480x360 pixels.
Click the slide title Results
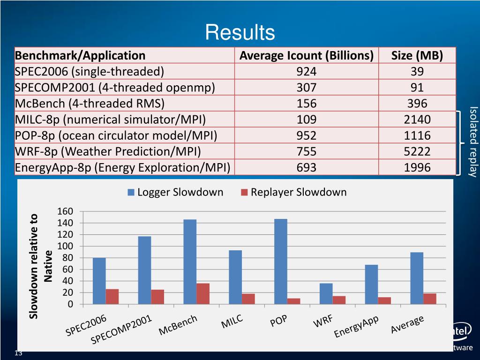pos(240,33)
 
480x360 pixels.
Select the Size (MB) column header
pos(417,56)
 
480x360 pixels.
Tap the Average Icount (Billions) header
pos(306,56)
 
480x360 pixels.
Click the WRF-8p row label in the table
pos(108,151)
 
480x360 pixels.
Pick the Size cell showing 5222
pos(417,151)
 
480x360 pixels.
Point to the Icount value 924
pos(306,72)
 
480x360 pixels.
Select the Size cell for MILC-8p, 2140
pos(417,120)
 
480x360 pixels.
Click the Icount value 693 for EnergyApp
pos(306,167)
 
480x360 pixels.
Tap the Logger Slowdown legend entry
pos(175,192)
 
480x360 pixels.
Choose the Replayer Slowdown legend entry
pos(294,192)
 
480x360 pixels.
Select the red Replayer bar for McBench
pos(203,294)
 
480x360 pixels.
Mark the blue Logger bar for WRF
pos(326,294)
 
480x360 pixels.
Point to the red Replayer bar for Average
pos(430,299)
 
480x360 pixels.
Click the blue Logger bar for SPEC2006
pos(99,281)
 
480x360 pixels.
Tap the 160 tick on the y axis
pos(65,211)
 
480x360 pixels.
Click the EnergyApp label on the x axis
pos(356,327)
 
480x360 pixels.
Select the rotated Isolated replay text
pos(472,142)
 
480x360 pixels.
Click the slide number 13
pos(19,353)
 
